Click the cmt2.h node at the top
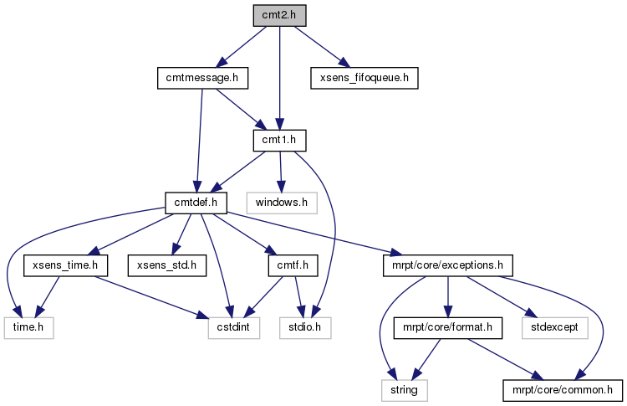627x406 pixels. click(x=279, y=16)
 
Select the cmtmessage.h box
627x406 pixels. click(x=202, y=78)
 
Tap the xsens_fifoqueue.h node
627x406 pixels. click(x=364, y=78)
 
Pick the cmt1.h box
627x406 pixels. click(x=279, y=141)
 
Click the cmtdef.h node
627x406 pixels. click(x=196, y=203)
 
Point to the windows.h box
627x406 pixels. click(x=282, y=203)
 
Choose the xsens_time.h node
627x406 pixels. click(x=65, y=265)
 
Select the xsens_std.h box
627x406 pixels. click(x=167, y=265)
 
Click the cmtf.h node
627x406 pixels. click(x=293, y=265)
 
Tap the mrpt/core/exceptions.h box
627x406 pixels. click(x=448, y=265)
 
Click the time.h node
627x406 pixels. click(x=28, y=328)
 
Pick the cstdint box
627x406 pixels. click(x=234, y=328)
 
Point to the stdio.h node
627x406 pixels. click(x=305, y=328)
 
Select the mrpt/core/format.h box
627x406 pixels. click(x=448, y=328)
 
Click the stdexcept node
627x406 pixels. click(x=555, y=328)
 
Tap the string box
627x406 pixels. click(x=405, y=390)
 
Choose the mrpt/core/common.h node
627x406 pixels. click(x=563, y=390)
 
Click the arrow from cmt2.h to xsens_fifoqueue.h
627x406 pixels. click(x=323, y=47)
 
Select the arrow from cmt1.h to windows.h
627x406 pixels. click(x=281, y=172)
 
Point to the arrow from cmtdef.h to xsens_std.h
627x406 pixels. click(x=181, y=234)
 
